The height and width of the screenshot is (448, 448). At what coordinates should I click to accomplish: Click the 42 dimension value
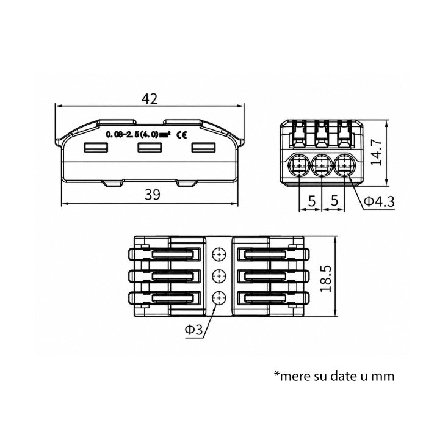coord(150,99)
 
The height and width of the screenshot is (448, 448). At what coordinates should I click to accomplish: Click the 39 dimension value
coord(153,195)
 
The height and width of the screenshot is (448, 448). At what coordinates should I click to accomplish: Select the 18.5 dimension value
coord(326,278)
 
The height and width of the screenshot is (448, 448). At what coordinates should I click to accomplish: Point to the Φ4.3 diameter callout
coord(379,201)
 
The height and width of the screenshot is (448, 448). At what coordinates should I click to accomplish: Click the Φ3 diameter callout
coord(193,330)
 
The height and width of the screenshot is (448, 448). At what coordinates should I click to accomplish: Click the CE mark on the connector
coord(182,134)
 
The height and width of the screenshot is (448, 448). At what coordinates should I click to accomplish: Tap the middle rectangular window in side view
coord(150,148)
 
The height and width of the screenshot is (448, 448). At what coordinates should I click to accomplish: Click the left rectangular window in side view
coord(96,148)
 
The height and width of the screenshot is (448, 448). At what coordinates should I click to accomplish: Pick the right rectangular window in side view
coord(203,148)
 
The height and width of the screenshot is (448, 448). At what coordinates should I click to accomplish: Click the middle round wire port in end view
coord(322,165)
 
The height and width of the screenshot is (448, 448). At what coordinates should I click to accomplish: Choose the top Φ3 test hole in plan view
coord(219,254)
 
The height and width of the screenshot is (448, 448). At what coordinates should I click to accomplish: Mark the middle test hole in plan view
coord(219,276)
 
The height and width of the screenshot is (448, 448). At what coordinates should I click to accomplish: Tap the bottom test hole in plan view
coord(219,298)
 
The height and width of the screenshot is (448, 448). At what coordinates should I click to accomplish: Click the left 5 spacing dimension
coord(312,201)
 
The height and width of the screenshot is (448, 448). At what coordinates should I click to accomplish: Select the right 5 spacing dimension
coord(334,201)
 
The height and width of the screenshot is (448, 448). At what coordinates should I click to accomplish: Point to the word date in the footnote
coord(342,375)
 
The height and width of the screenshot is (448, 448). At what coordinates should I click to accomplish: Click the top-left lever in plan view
coord(165,254)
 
